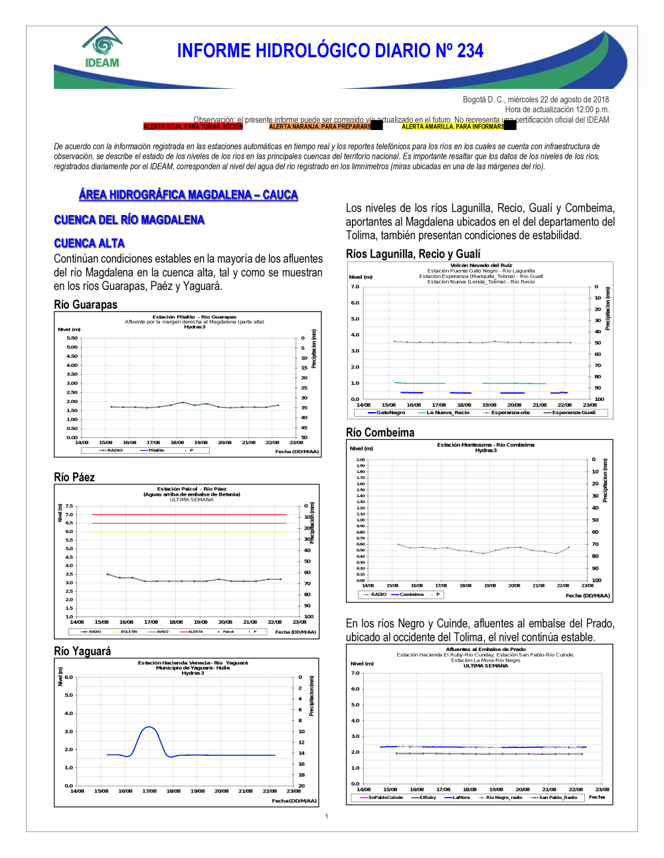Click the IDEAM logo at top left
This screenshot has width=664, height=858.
pyautogui.click(x=102, y=48)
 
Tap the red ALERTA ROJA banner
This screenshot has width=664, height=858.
pyautogui.click(x=193, y=126)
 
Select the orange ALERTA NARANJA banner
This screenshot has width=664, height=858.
pyautogui.click(x=320, y=126)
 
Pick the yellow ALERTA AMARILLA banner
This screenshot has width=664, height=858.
pyautogui.click(x=453, y=126)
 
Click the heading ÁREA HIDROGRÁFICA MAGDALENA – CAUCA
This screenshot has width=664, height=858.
pyautogui.click(x=188, y=194)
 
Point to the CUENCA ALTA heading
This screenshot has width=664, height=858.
pyautogui.click(x=89, y=244)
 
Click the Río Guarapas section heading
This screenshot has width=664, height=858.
pyautogui.click(x=86, y=305)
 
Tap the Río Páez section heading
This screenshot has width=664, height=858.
pyautogui.click(x=74, y=477)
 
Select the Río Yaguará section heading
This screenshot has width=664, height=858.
pyautogui.click(x=82, y=651)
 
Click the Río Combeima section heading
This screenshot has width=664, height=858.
pyautogui.click(x=380, y=433)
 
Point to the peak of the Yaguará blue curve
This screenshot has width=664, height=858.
pyautogui.click(x=149, y=727)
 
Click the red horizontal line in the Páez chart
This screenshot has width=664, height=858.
pyautogui.click(x=189, y=514)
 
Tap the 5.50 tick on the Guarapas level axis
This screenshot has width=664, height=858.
pyautogui.click(x=72, y=338)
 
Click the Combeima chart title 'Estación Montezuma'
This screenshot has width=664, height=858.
pyautogui.click(x=485, y=445)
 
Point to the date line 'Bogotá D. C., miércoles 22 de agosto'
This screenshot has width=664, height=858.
pyautogui.click(x=535, y=100)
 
